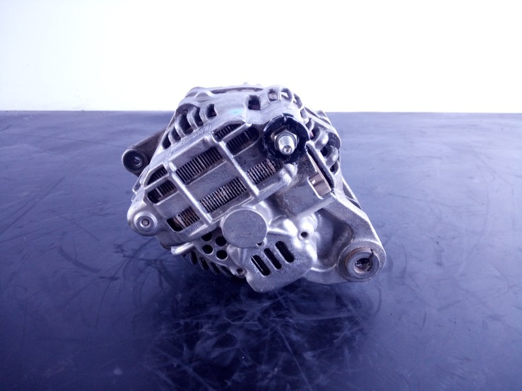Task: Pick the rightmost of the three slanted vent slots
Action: (x=285, y=251)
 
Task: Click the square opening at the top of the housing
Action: (x=272, y=96)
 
